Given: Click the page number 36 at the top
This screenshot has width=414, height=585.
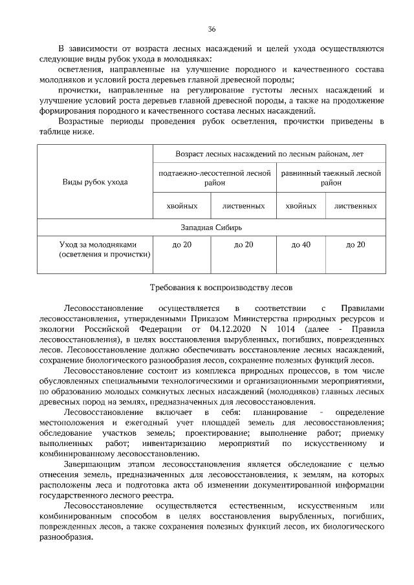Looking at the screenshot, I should pyautogui.click(x=212, y=30).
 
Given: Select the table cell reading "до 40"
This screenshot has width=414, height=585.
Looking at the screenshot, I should pyautogui.click(x=301, y=244).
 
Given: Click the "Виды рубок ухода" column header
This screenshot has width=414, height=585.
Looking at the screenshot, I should pyautogui.click(x=94, y=182).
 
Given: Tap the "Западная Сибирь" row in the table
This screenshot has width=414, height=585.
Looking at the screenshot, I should pyautogui.click(x=212, y=228).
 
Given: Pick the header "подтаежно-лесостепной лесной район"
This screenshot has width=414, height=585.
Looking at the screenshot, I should pyautogui.click(x=214, y=178).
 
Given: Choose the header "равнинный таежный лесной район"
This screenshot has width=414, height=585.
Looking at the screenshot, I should pyautogui.click(x=331, y=178).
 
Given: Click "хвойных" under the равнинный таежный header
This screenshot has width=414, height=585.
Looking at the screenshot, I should pyautogui.click(x=301, y=206).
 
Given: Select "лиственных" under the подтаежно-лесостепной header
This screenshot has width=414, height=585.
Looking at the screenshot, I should pyautogui.click(x=243, y=206).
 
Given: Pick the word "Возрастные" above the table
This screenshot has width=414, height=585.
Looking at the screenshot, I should pyautogui.click(x=80, y=122).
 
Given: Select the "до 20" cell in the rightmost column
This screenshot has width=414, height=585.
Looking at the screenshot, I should pyautogui.click(x=356, y=244).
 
